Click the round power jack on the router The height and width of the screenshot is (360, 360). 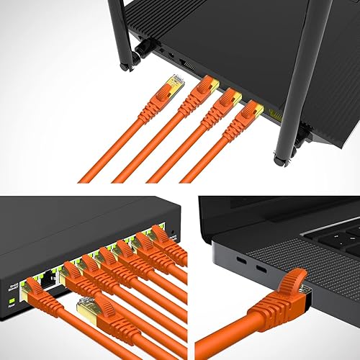169,53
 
